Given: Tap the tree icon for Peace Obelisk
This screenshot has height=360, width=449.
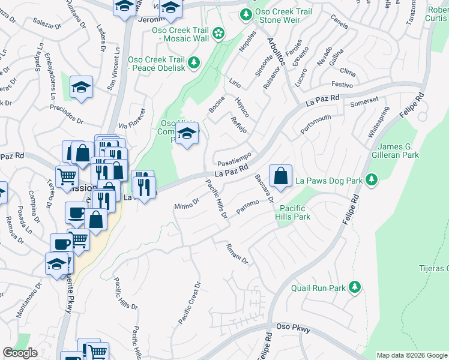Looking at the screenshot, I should (x=194, y=62).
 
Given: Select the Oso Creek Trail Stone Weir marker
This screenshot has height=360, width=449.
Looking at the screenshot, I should (x=245, y=14).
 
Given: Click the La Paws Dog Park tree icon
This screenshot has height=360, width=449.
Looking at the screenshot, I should (x=372, y=179).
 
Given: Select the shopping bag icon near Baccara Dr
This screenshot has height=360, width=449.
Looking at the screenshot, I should (x=280, y=176).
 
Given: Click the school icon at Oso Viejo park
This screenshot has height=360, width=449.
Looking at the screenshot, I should (x=188, y=134).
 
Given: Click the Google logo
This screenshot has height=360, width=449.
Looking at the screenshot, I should (x=20, y=353).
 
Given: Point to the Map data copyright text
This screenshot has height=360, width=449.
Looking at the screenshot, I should (x=411, y=355).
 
